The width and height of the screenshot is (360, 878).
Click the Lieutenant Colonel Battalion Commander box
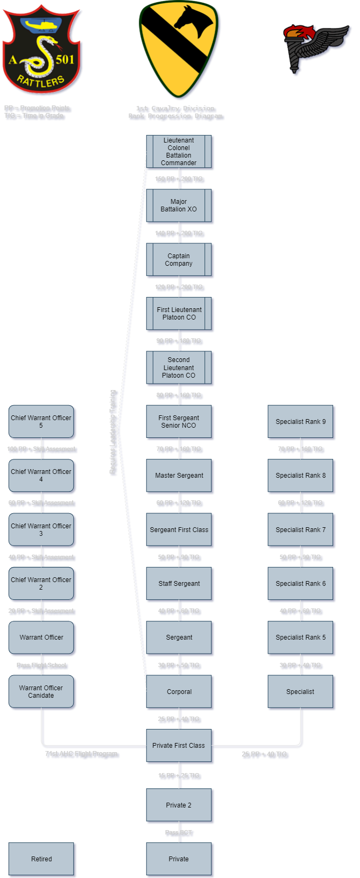tap(179, 152)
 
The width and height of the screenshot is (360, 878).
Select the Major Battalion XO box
tap(179, 206)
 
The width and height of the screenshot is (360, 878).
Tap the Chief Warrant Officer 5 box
tap(41, 421)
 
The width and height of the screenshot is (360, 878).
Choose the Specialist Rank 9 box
tap(300, 421)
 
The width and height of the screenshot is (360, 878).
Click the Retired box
tap(41, 859)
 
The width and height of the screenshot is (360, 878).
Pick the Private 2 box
tap(179, 805)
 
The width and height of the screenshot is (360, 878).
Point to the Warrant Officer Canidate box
tap(41, 691)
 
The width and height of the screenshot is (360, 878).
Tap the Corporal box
tap(179, 691)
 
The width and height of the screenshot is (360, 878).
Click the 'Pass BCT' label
tap(179, 832)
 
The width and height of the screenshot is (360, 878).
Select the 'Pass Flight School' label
tap(41, 665)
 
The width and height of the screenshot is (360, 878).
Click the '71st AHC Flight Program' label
tap(81, 754)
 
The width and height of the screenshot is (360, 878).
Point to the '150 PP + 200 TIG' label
tap(179, 179)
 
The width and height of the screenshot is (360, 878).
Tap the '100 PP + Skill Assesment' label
tap(41, 449)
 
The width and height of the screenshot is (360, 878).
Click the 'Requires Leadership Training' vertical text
tap(113, 432)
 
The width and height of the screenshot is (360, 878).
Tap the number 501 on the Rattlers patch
tap(65, 59)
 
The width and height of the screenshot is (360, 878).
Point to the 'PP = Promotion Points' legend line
tap(37, 108)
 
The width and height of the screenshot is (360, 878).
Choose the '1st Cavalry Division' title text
tap(175, 108)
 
